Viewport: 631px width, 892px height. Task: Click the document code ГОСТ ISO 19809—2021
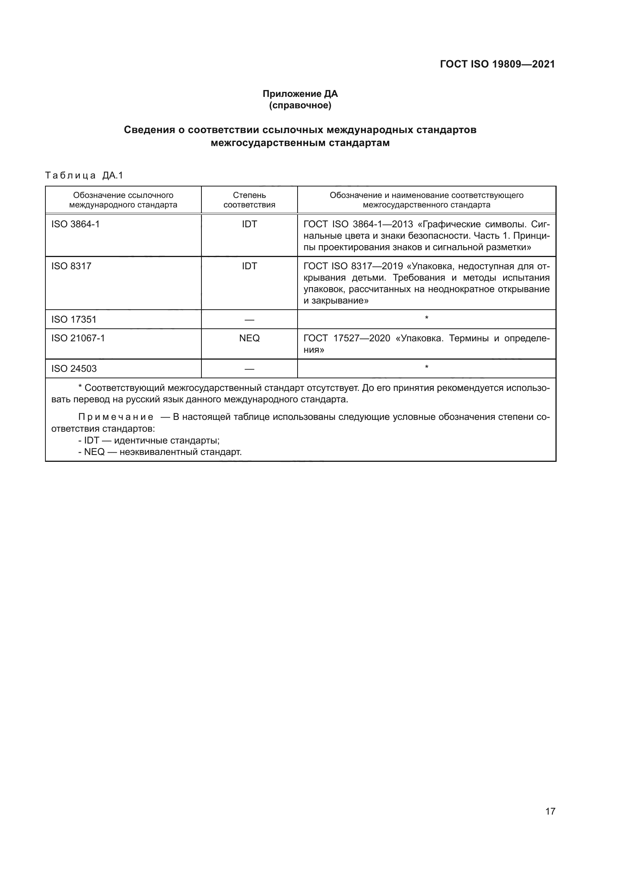pos(497,64)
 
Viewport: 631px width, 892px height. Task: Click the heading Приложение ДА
pos(300,94)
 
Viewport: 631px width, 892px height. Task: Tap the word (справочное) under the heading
pos(300,105)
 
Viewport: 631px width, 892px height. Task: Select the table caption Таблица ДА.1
pos(84,175)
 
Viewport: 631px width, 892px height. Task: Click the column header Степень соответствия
pos(249,200)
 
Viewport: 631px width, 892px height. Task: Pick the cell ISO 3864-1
pos(76,224)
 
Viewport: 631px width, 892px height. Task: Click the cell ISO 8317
pos(71,266)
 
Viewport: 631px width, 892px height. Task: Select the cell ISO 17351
pos(74,319)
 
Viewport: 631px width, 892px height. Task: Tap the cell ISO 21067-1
pos(78,338)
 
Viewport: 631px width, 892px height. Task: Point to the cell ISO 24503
pos(74,369)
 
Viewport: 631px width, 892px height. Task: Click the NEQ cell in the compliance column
pos(249,338)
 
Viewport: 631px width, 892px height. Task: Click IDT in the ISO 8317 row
pos(249,266)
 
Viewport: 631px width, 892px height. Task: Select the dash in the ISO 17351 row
pos(249,320)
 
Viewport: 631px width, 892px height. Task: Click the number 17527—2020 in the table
pos(361,338)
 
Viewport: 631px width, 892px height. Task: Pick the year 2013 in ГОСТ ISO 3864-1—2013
pos(402,224)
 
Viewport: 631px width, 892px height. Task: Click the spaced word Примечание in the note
pos(116,417)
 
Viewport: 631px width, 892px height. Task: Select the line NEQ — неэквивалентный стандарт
pos(160,452)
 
